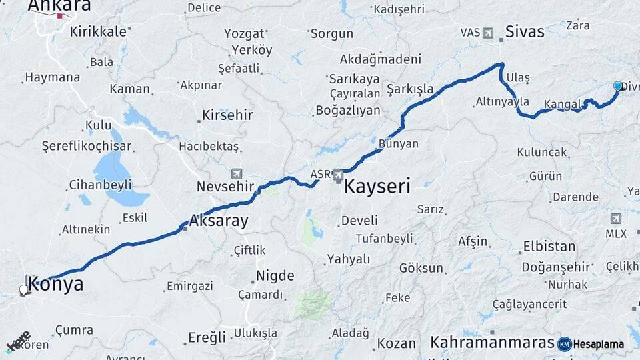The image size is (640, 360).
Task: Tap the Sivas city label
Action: tap(525, 31)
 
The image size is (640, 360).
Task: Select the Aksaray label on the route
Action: tap(219, 221)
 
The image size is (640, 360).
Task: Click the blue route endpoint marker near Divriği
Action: tap(618, 86)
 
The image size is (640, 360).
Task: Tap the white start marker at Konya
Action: tap(24, 290)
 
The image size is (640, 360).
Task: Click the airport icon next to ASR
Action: tap(339, 175)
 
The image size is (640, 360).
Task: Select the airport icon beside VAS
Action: tap(488, 32)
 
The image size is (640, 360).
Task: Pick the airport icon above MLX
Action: tap(615, 219)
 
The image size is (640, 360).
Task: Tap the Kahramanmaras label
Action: tap(492, 342)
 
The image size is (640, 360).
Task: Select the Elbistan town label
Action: tap(549, 246)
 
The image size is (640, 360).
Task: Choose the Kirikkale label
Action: tap(98, 31)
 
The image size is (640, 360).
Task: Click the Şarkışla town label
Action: tap(410, 89)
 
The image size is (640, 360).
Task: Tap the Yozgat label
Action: tap(244, 34)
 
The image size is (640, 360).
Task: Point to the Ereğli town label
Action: tap(207, 337)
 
